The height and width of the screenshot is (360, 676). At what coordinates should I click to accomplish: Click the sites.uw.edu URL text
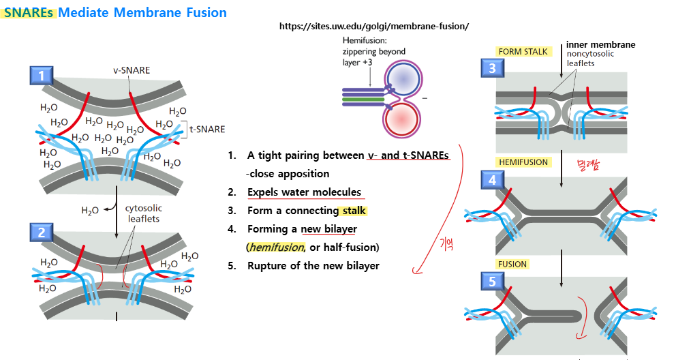point(374,26)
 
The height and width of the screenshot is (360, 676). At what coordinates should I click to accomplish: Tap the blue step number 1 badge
point(42,76)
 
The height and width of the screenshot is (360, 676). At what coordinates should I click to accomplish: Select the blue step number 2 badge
point(42,232)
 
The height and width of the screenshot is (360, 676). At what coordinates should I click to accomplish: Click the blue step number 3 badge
point(493,67)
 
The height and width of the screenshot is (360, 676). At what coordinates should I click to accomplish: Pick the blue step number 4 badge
point(493,180)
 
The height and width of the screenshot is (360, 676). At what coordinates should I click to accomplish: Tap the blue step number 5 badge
point(493,280)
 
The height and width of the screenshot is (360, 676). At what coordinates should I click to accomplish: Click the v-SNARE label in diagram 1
point(132,70)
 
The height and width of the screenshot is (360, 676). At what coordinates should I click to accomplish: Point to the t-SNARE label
point(206,128)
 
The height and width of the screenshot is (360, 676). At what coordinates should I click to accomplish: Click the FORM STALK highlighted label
point(523,52)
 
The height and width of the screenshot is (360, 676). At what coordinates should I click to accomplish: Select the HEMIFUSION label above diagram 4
point(523,162)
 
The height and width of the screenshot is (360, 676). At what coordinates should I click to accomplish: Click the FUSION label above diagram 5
point(512,264)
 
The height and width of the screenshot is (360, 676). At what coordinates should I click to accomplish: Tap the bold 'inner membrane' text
point(600,45)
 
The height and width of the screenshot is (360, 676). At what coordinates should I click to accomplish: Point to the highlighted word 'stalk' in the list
point(354,211)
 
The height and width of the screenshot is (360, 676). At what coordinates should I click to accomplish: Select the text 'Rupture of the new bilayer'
point(313,265)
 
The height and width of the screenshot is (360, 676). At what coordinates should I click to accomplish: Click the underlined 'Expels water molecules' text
point(304,192)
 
